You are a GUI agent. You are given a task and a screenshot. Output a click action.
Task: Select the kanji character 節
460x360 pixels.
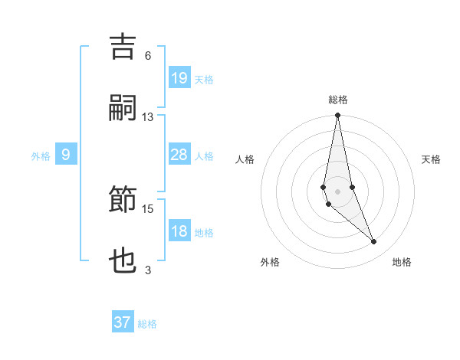(123, 201)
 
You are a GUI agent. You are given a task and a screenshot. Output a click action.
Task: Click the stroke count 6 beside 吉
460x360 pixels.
(148, 56)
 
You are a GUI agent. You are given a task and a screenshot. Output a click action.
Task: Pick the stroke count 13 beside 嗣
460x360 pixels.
(148, 117)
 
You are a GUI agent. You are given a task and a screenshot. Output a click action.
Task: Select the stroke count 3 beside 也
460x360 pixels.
(148, 270)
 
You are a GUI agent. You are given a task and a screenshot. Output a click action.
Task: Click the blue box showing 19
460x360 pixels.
(179, 77)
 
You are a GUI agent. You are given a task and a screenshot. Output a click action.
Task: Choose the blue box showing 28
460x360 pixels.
(179, 155)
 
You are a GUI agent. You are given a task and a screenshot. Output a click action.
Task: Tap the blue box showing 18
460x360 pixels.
(179, 231)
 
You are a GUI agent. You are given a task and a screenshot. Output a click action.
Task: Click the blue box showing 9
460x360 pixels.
(66, 155)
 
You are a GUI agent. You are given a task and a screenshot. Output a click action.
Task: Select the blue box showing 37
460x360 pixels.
(123, 322)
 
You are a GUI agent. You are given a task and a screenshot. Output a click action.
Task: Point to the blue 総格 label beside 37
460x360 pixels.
(147, 324)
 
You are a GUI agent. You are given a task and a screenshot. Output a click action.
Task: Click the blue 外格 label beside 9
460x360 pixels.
(41, 156)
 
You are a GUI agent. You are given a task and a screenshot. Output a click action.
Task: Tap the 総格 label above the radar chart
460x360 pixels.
(338, 100)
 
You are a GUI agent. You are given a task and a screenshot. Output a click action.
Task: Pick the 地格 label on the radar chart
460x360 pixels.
(402, 262)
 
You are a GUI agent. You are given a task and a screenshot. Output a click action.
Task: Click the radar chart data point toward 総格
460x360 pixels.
(337, 116)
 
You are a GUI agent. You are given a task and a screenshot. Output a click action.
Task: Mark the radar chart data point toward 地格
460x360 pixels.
(374, 242)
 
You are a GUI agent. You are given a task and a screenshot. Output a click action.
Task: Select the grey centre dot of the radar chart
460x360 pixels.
(337, 191)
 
